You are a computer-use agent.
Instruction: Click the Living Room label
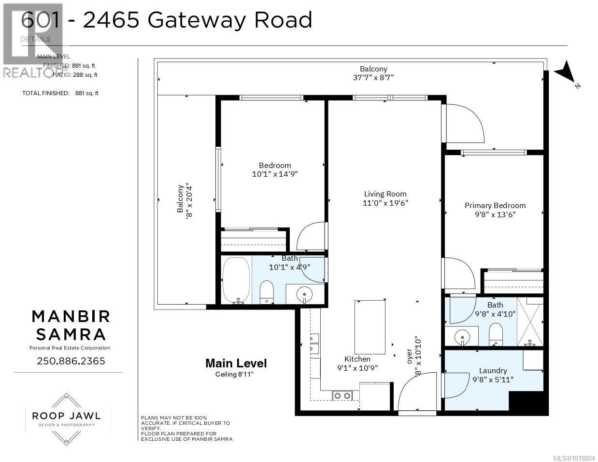pyautogui.click(x=385, y=194)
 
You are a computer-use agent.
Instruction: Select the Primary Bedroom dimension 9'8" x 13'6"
pyautogui.click(x=495, y=214)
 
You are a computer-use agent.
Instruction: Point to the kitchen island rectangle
pyautogui.click(x=370, y=327)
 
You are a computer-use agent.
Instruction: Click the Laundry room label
pyautogui.click(x=493, y=371)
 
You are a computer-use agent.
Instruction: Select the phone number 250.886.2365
pyautogui.click(x=71, y=361)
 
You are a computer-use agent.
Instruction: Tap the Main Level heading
pyautogui.click(x=236, y=364)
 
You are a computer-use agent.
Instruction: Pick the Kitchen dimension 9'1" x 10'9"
pyautogui.click(x=357, y=367)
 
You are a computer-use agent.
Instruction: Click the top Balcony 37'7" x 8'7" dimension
pyautogui.click(x=373, y=77)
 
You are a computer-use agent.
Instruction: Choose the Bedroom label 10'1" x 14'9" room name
pyautogui.click(x=275, y=165)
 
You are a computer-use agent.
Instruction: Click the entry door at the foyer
pyautogui.click(x=417, y=393)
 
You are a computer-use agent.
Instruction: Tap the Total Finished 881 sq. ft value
pyautogui.click(x=86, y=93)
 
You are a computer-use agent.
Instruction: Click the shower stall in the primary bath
pyautogui.click(x=530, y=322)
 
